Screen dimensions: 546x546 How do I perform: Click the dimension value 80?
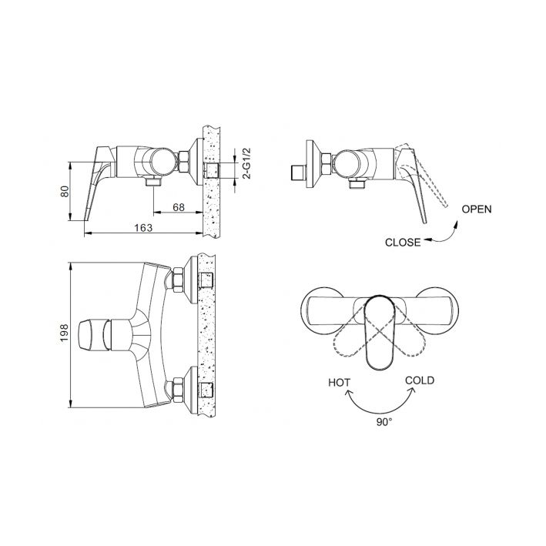(65, 191)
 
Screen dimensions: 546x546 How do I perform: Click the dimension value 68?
(179, 207)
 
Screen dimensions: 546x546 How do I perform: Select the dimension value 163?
(143, 228)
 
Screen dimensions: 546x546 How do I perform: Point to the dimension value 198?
(65, 333)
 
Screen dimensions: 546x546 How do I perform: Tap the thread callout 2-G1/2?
(246, 163)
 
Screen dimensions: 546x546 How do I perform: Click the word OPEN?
(477, 209)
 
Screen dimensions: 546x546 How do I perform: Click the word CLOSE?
(403, 243)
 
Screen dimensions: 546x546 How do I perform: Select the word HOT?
(339, 383)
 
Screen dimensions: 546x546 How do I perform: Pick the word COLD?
(420, 380)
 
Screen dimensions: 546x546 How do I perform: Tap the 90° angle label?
(384, 422)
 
